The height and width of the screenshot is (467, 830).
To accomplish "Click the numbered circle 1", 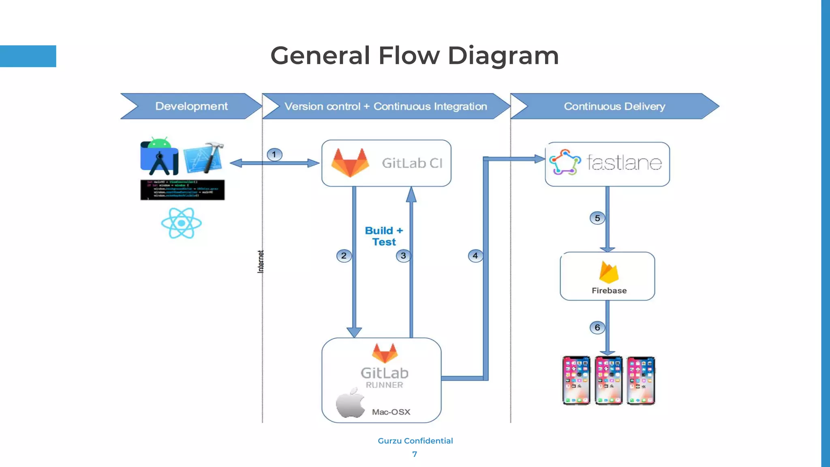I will pyautogui.click(x=274, y=154).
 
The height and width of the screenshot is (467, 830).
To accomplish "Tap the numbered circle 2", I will pyautogui.click(x=344, y=256).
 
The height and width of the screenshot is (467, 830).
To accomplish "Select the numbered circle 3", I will pyautogui.click(x=403, y=256).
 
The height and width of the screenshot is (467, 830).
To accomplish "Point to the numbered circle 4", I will pyautogui.click(x=475, y=256).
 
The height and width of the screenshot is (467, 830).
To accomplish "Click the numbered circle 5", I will pyautogui.click(x=597, y=218).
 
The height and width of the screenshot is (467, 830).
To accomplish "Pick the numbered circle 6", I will pyautogui.click(x=597, y=328).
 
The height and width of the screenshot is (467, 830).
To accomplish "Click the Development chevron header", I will pyautogui.click(x=191, y=106).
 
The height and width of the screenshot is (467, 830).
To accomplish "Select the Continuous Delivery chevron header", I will pyautogui.click(x=614, y=106).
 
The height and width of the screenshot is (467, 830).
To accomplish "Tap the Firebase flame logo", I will pyautogui.click(x=609, y=272).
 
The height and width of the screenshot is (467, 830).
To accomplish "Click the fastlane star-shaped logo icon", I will pyautogui.click(x=565, y=162).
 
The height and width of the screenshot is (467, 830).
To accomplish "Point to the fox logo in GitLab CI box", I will pyautogui.click(x=350, y=163).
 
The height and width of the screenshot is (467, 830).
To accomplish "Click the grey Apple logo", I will pyautogui.click(x=351, y=403).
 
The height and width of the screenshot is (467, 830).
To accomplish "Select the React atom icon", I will pyautogui.click(x=181, y=223).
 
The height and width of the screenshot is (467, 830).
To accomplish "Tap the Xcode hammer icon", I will pyautogui.click(x=204, y=158).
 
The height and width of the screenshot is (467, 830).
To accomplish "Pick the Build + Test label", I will pyautogui.click(x=384, y=236).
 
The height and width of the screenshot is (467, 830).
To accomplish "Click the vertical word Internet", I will pyautogui.click(x=261, y=261).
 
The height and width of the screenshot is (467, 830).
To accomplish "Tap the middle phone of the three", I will pyautogui.click(x=608, y=380).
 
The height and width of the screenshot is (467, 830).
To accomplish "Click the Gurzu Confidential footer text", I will pyautogui.click(x=415, y=441).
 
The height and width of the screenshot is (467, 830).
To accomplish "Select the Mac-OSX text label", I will pyautogui.click(x=391, y=412).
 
